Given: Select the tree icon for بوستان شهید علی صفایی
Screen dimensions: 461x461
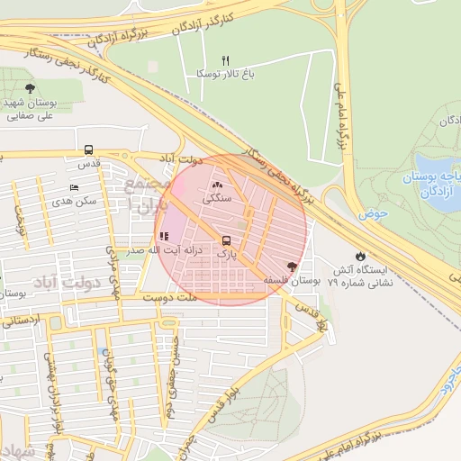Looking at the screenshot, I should [x=31, y=88].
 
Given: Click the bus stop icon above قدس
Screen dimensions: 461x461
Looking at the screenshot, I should [x=88, y=150].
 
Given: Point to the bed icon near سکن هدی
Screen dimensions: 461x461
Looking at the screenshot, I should [x=74, y=187].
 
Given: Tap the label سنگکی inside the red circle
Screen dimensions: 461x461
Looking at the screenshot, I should [x=218, y=197].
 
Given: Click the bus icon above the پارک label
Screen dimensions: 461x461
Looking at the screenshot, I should [x=226, y=240].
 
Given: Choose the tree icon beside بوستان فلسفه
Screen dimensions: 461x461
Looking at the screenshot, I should [x=291, y=267].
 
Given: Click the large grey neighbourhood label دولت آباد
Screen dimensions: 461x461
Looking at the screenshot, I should [x=65, y=284].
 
